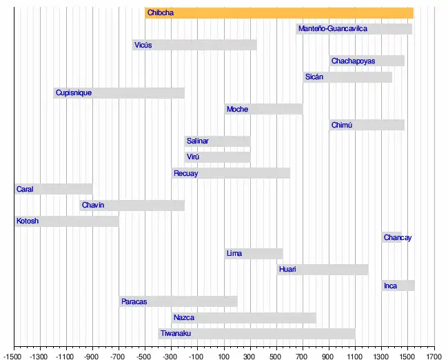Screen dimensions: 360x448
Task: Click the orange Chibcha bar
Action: coord(279,13)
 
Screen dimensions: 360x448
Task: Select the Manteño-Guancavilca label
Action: coord(333,29)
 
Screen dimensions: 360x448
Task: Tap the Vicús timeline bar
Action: coord(195,45)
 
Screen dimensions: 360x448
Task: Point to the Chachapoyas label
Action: coord(353,61)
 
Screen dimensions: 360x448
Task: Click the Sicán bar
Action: coord(348,77)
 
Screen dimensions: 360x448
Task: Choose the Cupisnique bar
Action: coord(119,93)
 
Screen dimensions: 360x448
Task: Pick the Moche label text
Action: coord(237,109)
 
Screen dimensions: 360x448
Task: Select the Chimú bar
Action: coord(367,125)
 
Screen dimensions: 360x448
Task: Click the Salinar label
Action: coord(197,141)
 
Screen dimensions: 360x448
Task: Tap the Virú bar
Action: coord(217,157)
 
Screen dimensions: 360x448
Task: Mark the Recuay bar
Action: coord(231,173)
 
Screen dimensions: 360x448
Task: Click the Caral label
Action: coord(25,189)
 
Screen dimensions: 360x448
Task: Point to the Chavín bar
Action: coord(132,205)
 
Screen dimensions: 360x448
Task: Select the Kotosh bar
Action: coord(67,221)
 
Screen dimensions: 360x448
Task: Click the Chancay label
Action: coord(398,238)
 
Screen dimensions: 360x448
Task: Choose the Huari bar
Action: coord(323,269)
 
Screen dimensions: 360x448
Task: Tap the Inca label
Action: coord(390,286)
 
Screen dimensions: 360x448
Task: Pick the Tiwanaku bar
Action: coord(256,334)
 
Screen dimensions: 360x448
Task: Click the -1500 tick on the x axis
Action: coord(14,357)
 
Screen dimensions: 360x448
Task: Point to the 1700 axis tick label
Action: coord(434,357)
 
